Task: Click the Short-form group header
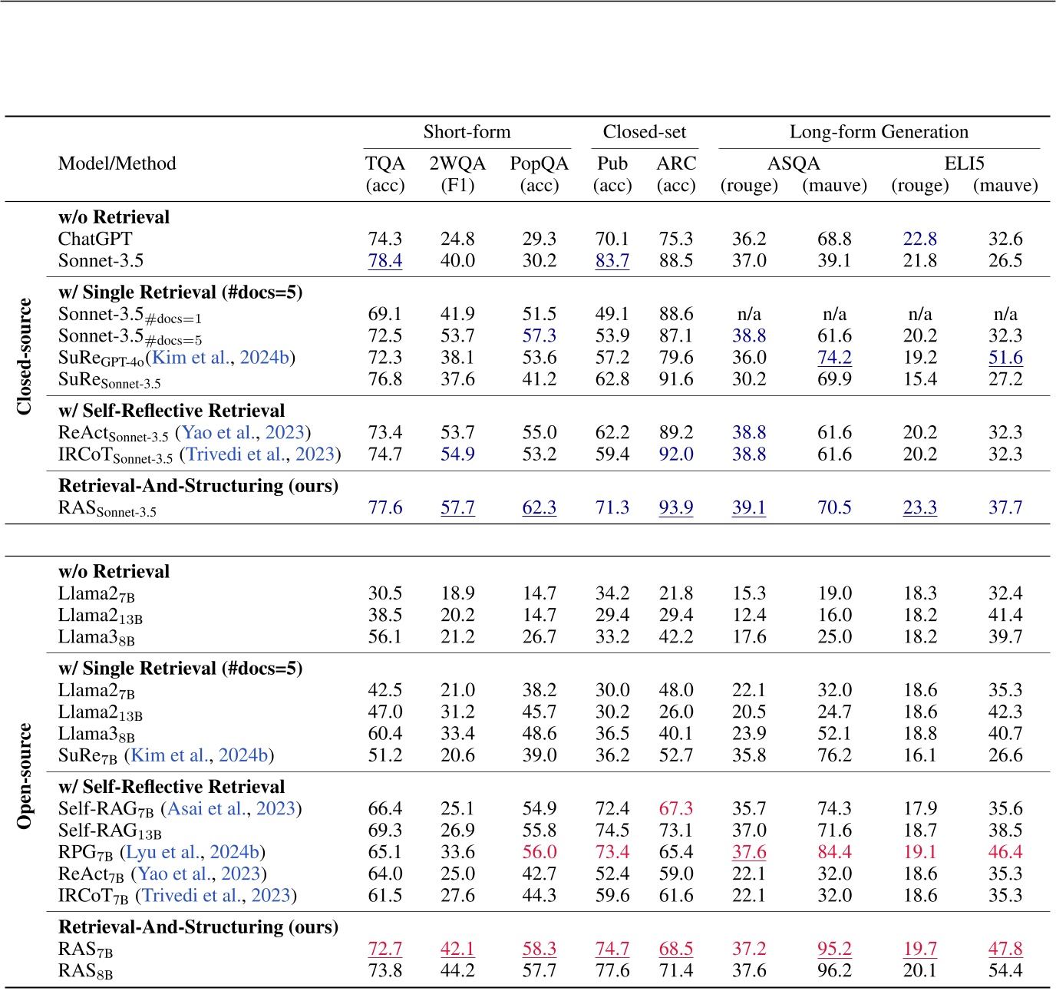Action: click(x=467, y=132)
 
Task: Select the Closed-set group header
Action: click(x=644, y=132)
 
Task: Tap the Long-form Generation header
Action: click(x=879, y=132)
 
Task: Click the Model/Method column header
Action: click(x=117, y=164)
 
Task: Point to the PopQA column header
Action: click(x=539, y=164)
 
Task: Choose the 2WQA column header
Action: click(x=457, y=164)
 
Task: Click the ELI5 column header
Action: click(x=963, y=164)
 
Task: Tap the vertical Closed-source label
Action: click(x=25, y=357)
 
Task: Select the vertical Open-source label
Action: click(x=25, y=775)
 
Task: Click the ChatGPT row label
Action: click(x=95, y=239)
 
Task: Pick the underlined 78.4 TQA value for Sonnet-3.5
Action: click(x=385, y=261)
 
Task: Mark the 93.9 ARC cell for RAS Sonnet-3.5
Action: click(x=675, y=508)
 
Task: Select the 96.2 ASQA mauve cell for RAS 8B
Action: click(x=834, y=971)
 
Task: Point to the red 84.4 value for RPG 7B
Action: click(x=834, y=852)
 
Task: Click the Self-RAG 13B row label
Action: click(x=110, y=831)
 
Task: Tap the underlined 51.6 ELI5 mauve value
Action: click(x=1005, y=358)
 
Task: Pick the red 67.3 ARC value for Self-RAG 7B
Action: click(x=675, y=809)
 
